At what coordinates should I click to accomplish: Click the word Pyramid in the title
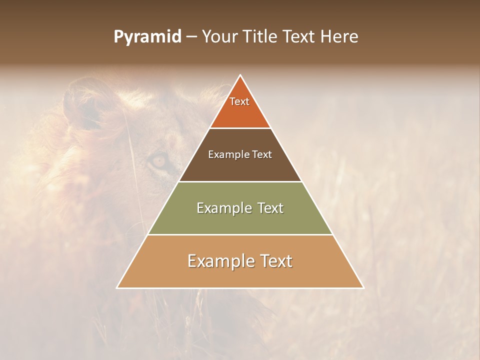click(x=147, y=37)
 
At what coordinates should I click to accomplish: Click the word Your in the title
click(x=220, y=36)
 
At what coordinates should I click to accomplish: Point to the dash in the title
click(x=191, y=37)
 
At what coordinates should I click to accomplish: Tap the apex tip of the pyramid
click(x=240, y=76)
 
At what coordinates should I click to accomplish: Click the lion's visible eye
click(x=158, y=161)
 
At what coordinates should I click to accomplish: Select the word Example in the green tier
click(x=220, y=208)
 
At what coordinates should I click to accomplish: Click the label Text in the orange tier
click(x=239, y=101)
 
